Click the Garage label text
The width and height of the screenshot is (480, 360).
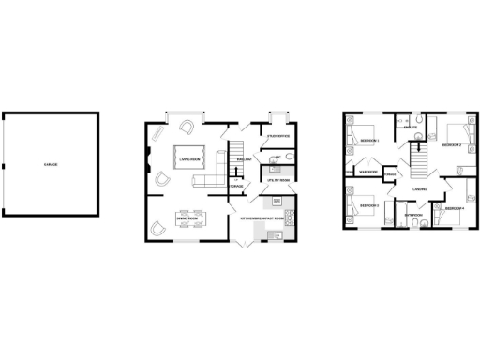pyautogui.click(x=51, y=165)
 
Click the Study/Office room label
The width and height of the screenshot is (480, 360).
pyautogui.click(x=277, y=138)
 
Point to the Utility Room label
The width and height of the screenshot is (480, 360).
pyautogui.click(x=278, y=179)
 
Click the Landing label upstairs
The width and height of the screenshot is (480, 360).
pyautogui.click(x=419, y=189)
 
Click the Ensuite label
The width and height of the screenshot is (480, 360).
pyautogui.click(x=410, y=127)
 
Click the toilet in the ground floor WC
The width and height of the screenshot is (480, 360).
pyautogui.click(x=277, y=165)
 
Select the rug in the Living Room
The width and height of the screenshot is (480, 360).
pyautogui.click(x=191, y=157)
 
